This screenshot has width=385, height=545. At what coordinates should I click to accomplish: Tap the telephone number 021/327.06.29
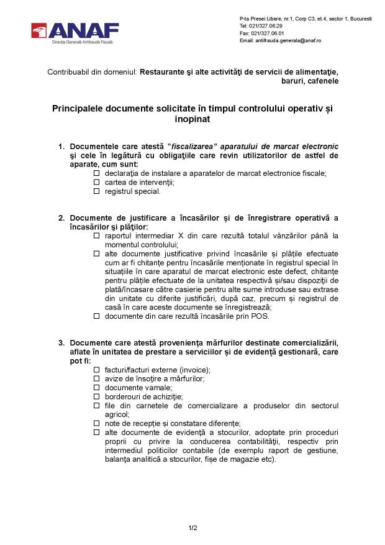(x=267, y=26)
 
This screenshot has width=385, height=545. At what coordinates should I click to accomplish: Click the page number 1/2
(x=192, y=528)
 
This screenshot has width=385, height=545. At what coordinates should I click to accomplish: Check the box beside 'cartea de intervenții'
(x=96, y=183)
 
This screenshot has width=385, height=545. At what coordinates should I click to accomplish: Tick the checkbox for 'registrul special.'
(x=96, y=191)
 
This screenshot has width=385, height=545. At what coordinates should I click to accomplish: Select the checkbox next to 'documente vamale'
(x=96, y=387)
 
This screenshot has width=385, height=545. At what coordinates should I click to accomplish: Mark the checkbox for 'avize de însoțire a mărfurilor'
(x=96, y=378)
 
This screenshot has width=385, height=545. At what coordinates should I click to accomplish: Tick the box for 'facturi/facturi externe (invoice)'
(x=96, y=369)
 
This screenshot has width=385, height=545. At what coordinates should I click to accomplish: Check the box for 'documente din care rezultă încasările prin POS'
(x=96, y=316)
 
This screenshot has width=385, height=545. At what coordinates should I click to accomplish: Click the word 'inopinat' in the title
(x=192, y=118)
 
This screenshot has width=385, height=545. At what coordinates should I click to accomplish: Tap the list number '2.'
(x=61, y=218)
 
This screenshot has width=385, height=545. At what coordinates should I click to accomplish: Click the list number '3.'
(x=61, y=342)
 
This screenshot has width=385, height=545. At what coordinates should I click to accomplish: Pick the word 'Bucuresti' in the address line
(x=358, y=19)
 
